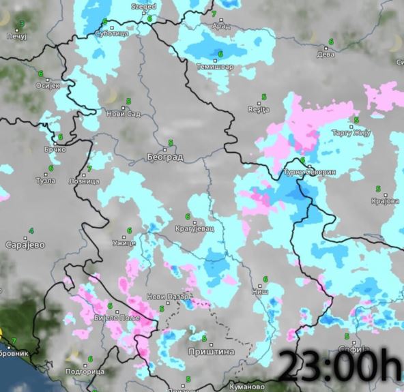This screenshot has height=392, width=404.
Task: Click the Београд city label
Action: [x=165, y=157]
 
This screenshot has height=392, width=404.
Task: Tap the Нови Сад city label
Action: [x=124, y=113]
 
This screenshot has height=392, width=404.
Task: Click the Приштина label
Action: [x=211, y=352]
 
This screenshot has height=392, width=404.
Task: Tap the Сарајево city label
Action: [x=25, y=244]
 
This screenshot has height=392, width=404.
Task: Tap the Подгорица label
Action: [x=84, y=372]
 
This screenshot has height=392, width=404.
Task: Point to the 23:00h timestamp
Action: [x=340, y=368]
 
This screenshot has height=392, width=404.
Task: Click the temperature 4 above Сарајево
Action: [x=31, y=232]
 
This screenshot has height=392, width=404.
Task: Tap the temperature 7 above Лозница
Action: [x=89, y=169]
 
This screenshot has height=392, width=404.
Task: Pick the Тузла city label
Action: [x=46, y=181]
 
